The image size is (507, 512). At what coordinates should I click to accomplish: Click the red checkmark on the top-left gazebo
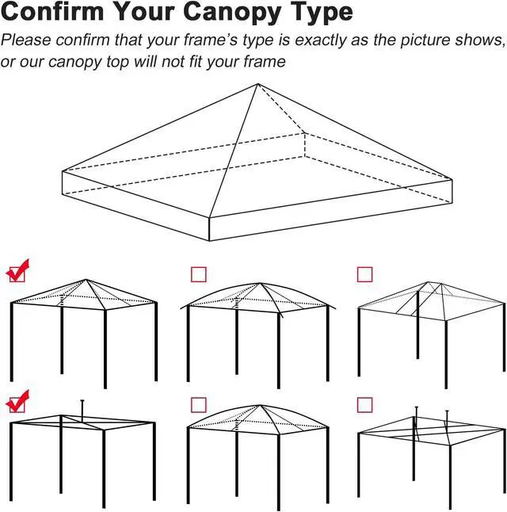point(17,271)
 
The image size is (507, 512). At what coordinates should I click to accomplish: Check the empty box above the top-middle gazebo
point(199,274)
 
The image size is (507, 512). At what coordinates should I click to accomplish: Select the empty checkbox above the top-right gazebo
point(364,274)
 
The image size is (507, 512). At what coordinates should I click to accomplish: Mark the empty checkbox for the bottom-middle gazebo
point(199,405)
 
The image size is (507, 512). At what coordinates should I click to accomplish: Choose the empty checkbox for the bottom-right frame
point(364,405)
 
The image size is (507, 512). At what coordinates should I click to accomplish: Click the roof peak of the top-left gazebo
point(86,280)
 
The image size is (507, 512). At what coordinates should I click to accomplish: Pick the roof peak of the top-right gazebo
point(428,282)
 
